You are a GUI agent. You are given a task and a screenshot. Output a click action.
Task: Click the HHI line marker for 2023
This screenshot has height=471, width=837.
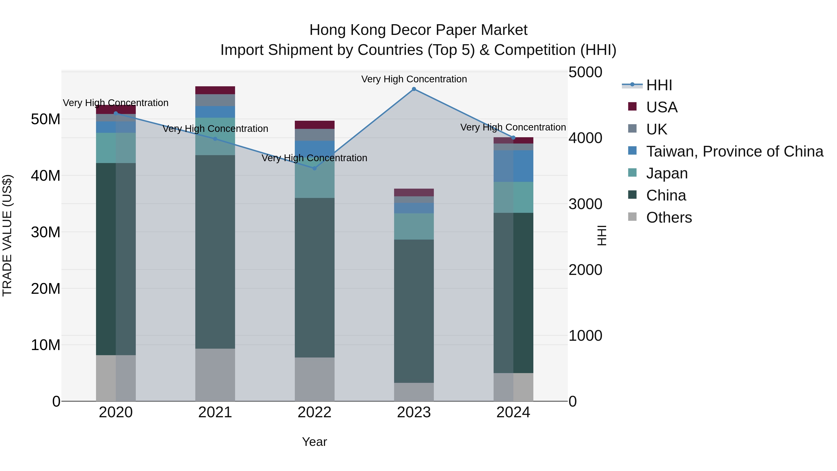414,89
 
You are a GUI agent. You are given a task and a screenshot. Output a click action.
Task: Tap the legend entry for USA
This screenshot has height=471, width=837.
661,107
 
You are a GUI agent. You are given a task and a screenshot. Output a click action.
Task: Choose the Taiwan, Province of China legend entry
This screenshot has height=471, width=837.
734,151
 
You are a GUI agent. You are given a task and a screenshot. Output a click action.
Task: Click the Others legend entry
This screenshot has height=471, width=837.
669,217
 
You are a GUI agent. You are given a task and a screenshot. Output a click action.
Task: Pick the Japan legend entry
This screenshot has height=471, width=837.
667,173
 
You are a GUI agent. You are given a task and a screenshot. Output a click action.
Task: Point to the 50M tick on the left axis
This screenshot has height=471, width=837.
46,119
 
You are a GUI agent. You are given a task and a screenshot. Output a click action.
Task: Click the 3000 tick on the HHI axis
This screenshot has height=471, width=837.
585,204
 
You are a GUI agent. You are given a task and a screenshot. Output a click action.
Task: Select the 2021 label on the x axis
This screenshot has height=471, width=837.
215,412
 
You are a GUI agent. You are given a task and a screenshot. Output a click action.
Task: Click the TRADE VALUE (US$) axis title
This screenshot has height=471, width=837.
7,235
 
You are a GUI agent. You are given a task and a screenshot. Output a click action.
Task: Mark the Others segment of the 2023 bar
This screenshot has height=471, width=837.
414,392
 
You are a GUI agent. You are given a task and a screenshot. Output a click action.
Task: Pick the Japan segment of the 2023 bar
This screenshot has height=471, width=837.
414,226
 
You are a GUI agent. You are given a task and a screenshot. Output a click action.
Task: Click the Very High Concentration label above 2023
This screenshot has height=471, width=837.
414,79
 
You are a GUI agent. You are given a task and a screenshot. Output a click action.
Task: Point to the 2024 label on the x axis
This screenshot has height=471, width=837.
513,412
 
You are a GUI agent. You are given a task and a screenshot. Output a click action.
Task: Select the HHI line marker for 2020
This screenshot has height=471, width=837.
116,114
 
